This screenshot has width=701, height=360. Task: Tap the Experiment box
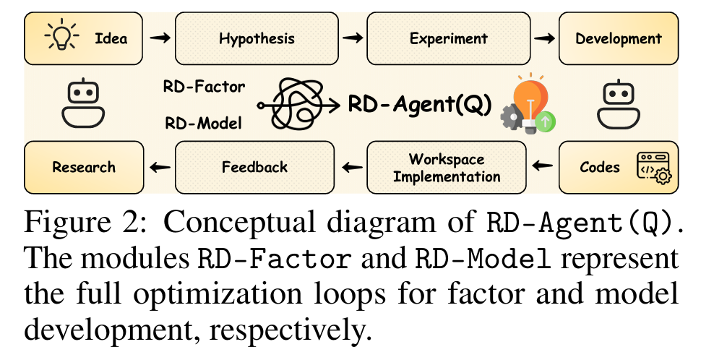[448, 38]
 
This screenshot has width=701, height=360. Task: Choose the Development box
[618, 38]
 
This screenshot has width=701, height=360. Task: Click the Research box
[83, 168]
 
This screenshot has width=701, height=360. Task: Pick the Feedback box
[254, 168]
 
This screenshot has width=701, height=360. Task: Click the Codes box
[618, 168]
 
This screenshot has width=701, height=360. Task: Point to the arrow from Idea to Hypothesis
[160, 38]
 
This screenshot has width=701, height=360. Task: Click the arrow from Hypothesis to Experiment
[351, 38]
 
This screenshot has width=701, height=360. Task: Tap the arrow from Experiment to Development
[543, 38]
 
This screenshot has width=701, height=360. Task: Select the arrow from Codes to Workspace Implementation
[543, 168]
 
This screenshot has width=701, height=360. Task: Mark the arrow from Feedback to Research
[160, 168]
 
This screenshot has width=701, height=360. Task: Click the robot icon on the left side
[83, 103]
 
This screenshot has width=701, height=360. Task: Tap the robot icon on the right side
[618, 103]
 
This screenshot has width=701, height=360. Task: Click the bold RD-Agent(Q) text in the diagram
[420, 105]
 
